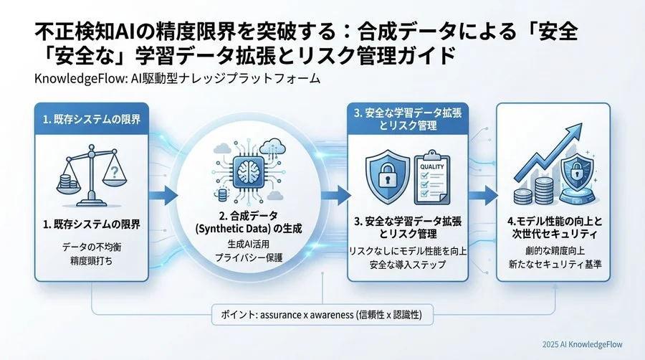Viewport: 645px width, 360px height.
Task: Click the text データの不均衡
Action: click(90, 247)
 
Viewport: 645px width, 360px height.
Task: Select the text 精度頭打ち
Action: click(90, 262)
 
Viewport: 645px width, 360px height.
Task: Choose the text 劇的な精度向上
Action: click(553, 251)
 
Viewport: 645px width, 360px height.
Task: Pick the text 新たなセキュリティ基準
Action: click(553, 265)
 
